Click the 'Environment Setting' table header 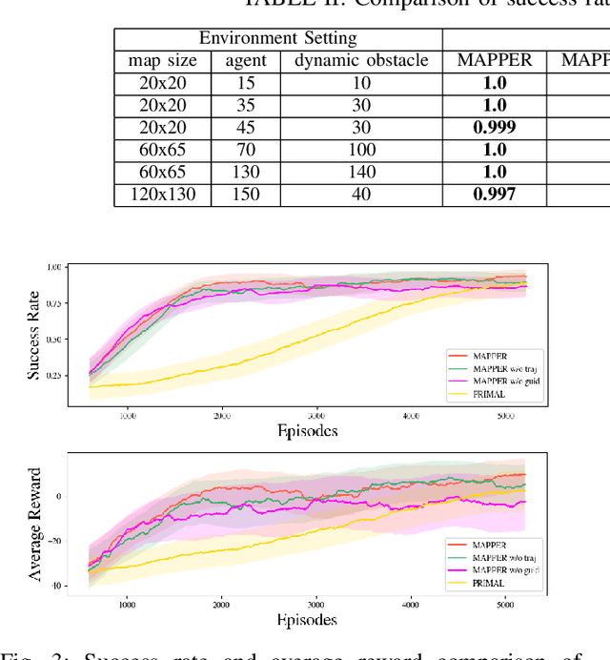pos(277,39)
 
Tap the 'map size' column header pos(163,61)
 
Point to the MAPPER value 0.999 pos(494,128)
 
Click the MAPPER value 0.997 pos(494,195)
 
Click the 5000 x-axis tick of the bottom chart pos(504,605)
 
